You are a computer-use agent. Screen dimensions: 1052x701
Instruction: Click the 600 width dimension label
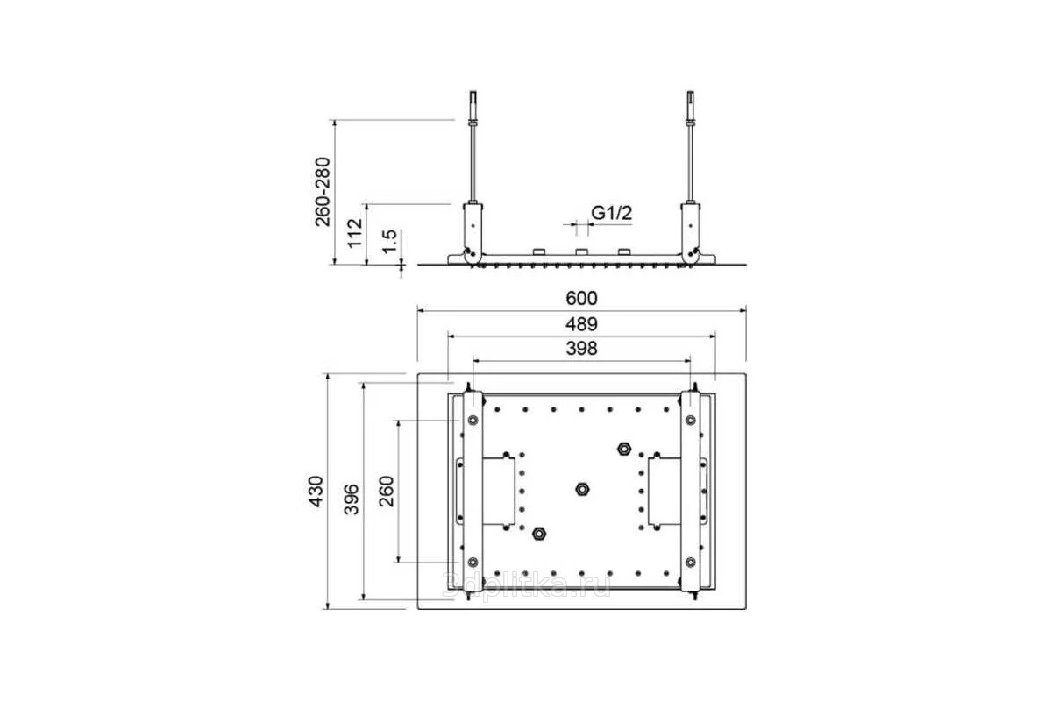(x=581, y=298)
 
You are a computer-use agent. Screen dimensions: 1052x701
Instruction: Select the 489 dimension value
(x=581, y=324)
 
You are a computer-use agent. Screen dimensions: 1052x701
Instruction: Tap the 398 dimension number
(x=581, y=349)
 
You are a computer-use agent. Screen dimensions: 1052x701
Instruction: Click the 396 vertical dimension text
(x=352, y=499)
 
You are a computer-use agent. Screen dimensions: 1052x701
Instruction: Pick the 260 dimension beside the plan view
(x=387, y=491)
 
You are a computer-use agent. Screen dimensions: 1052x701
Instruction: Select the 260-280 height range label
(x=323, y=192)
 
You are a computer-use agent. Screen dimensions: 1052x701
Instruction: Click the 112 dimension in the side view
(x=355, y=232)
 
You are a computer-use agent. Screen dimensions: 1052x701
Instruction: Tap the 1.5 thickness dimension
(x=390, y=242)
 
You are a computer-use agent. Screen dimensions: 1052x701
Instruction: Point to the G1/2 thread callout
(x=612, y=213)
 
